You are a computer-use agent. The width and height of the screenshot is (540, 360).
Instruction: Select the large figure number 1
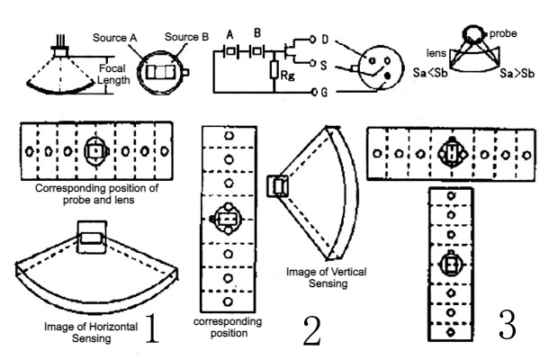pos(151,329)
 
